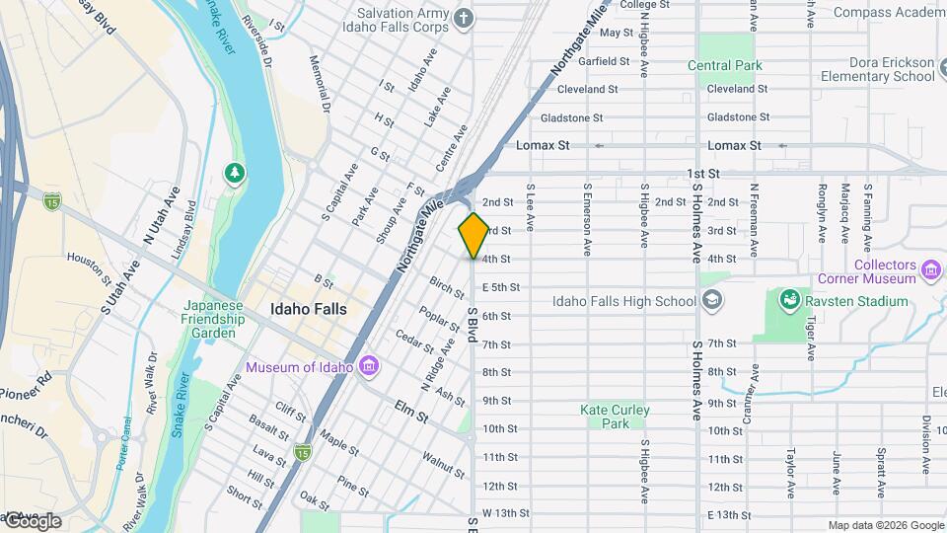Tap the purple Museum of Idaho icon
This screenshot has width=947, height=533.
(370, 367)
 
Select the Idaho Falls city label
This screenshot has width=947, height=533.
(308, 309)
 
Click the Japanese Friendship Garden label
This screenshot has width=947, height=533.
(212, 319)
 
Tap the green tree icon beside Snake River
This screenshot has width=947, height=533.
(235, 175)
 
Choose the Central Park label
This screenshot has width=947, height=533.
(724, 66)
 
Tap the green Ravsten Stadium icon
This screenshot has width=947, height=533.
(789, 299)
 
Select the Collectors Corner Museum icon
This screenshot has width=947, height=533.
(929, 269)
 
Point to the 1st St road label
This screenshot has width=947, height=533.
(704, 173)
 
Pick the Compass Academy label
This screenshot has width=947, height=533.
(889, 12)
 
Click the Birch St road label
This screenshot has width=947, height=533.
(446, 287)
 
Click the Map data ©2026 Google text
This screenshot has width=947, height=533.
(886, 525)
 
